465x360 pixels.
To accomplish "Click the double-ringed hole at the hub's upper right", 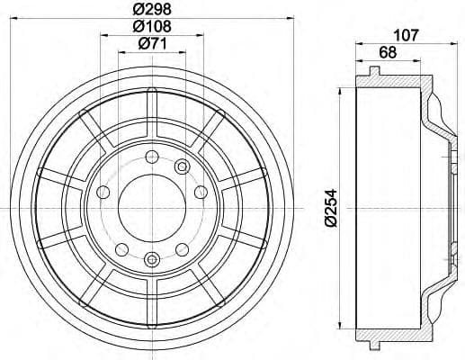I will [x=182, y=166].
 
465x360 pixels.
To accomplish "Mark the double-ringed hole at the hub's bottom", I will [x=150, y=260].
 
